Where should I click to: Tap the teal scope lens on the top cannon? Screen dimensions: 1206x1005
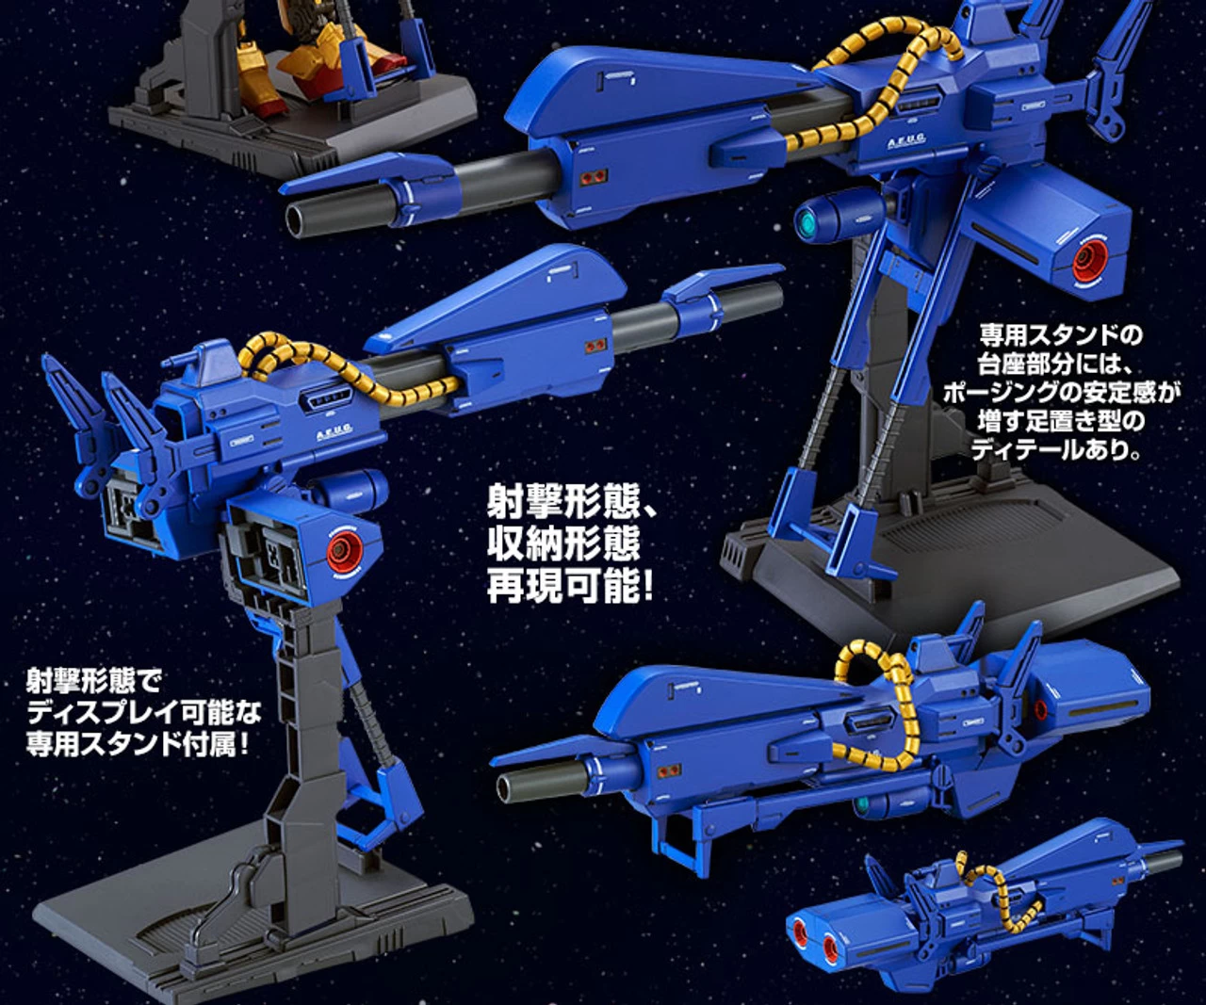pyautogui.click(x=805, y=221)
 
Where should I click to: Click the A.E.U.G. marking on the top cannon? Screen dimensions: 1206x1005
pyautogui.click(x=906, y=139)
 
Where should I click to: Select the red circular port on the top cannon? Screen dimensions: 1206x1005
pyautogui.click(x=1090, y=260)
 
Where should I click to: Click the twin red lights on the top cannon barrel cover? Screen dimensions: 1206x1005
pyautogui.click(x=595, y=175)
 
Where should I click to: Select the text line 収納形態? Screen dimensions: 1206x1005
pyautogui.click(x=563, y=543)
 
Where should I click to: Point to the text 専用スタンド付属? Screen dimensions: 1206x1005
pyautogui.click(x=139, y=745)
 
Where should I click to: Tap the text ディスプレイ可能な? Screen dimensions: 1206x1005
pyautogui.click(x=144, y=713)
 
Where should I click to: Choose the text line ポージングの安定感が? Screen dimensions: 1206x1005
pyautogui.click(x=1061, y=393)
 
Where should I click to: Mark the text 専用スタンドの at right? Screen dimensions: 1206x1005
pyautogui.click(x=1061, y=335)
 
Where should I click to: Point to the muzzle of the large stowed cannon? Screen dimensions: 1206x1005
pyautogui.click(x=508, y=786)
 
